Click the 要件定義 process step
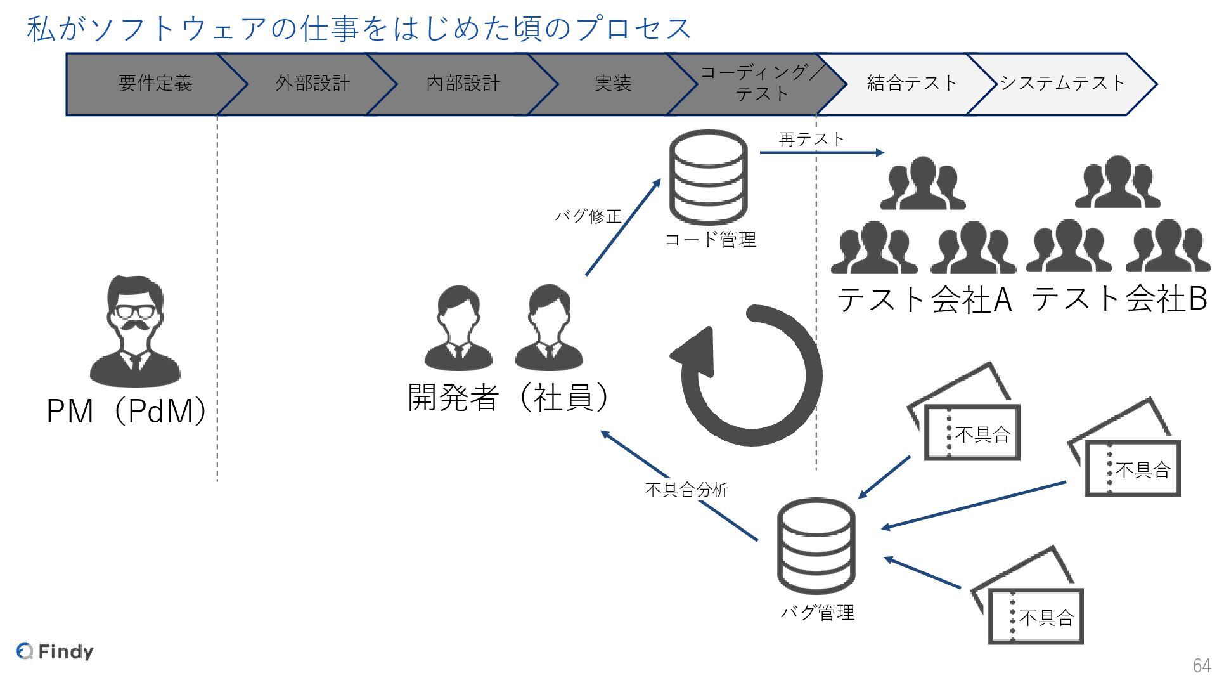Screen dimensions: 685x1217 point(155,84)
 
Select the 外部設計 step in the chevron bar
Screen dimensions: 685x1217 point(312,84)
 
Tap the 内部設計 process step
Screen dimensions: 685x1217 point(463,84)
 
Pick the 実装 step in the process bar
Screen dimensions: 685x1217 point(612,84)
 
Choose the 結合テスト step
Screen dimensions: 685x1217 point(911,84)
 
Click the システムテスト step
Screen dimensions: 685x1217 point(1062,84)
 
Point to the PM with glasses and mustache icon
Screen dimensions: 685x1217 point(135,331)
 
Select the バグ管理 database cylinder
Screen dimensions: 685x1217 point(816,545)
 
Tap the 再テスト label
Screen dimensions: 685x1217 point(811,139)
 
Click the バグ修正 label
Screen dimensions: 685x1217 point(588,216)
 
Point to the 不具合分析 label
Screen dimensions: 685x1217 point(686,490)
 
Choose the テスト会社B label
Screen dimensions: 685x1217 point(1119,299)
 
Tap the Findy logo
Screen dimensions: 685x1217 point(55,651)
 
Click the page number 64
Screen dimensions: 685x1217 point(1201,665)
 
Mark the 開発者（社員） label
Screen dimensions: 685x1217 point(508,398)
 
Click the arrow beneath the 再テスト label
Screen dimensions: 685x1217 point(821,153)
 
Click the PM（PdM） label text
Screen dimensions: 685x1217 point(127,411)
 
